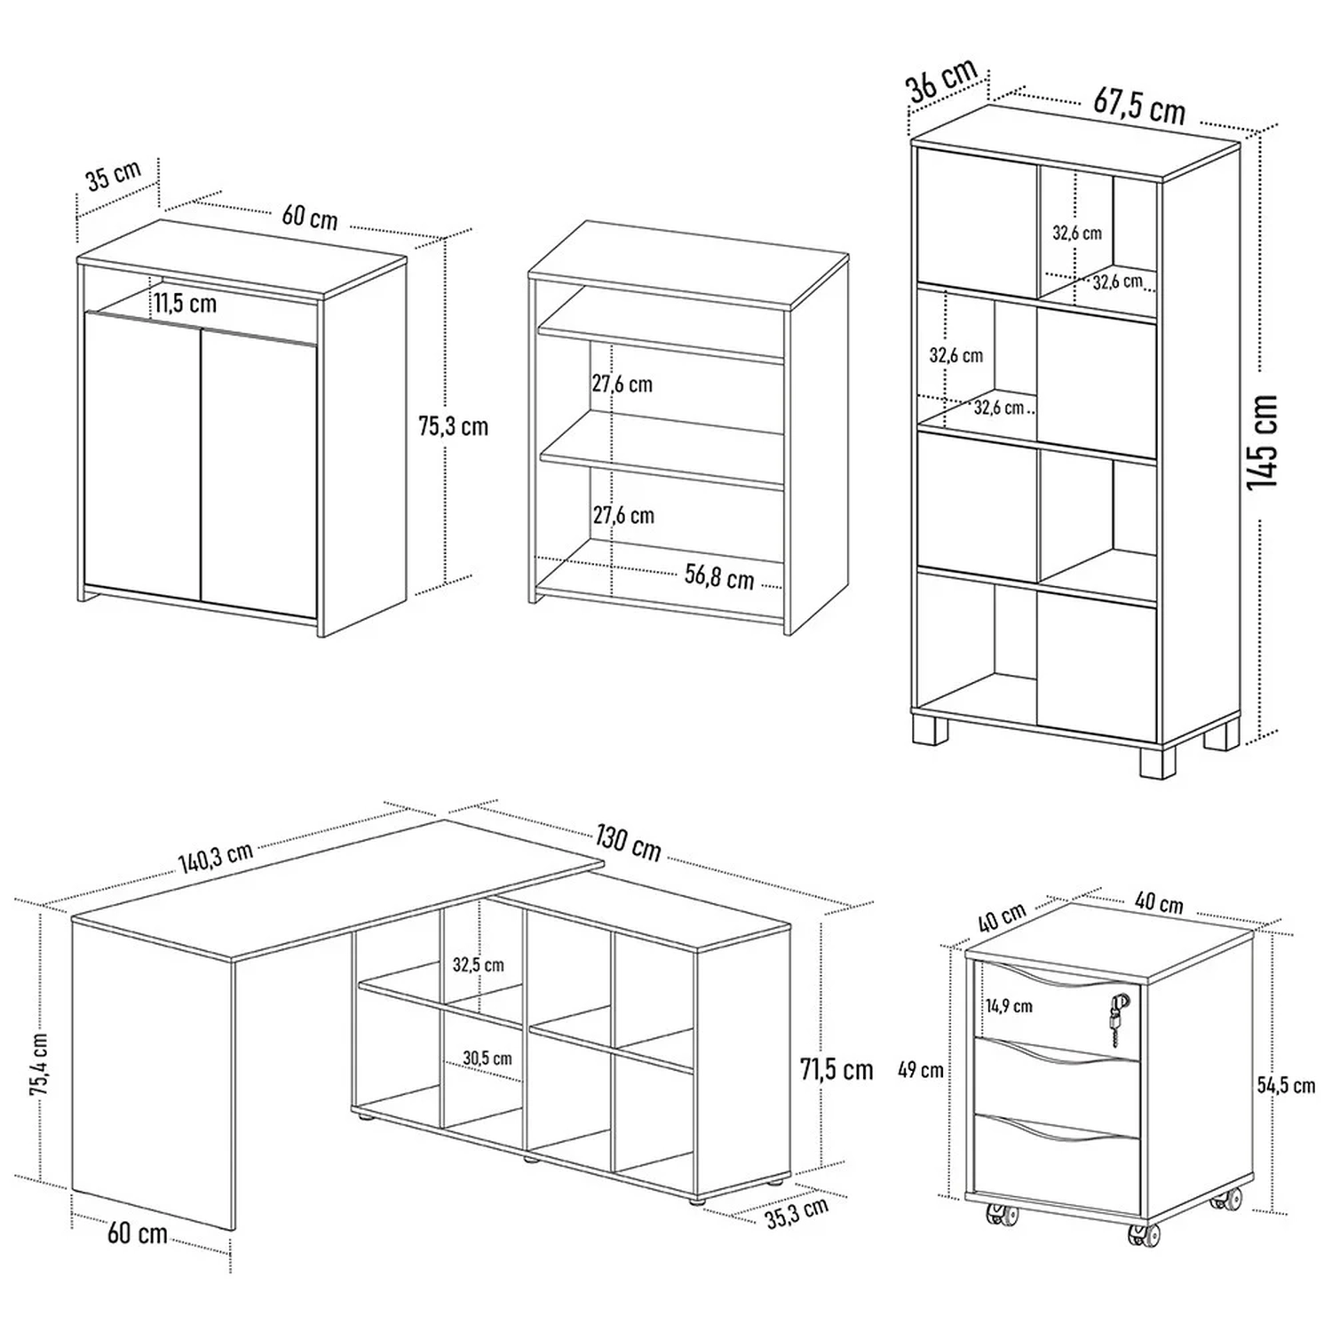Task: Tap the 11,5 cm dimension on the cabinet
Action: click(185, 304)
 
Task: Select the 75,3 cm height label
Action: click(453, 427)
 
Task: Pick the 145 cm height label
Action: click(1262, 441)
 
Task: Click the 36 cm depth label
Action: click(942, 80)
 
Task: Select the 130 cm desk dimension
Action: click(629, 844)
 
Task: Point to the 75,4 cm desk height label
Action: click(40, 1066)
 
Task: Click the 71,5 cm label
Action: click(836, 1070)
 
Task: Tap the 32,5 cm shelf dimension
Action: click(478, 964)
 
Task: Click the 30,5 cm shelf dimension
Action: click(487, 1058)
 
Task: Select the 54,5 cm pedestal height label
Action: click(1286, 1085)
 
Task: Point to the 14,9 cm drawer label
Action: click(1009, 1006)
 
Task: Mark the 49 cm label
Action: click(921, 1070)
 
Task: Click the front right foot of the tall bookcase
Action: click(1158, 761)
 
